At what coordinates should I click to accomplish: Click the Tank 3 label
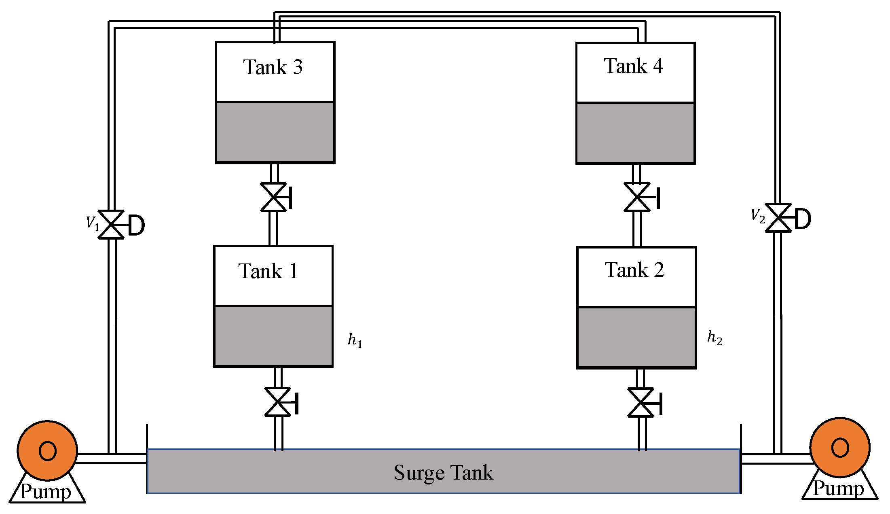(273, 67)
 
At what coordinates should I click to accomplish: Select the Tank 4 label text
(634, 66)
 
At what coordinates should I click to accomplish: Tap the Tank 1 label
(268, 271)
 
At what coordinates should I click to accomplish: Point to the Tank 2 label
(634, 270)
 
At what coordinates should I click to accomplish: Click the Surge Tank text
(443, 473)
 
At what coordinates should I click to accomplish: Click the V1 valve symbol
(111, 225)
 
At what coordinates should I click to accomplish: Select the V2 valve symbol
(778, 218)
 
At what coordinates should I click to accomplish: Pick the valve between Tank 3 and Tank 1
(274, 197)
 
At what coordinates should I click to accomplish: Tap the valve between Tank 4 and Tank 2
(637, 197)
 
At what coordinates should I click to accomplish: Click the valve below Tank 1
(278, 402)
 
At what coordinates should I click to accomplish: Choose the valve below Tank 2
(641, 402)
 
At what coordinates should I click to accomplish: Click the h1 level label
(355, 340)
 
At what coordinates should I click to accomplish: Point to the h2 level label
(715, 337)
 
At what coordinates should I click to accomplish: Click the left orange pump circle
(47, 450)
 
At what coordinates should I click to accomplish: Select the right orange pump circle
(840, 447)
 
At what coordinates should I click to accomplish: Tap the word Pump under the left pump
(46, 492)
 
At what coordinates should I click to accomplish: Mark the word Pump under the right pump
(838, 488)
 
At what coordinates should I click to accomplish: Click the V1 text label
(93, 223)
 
